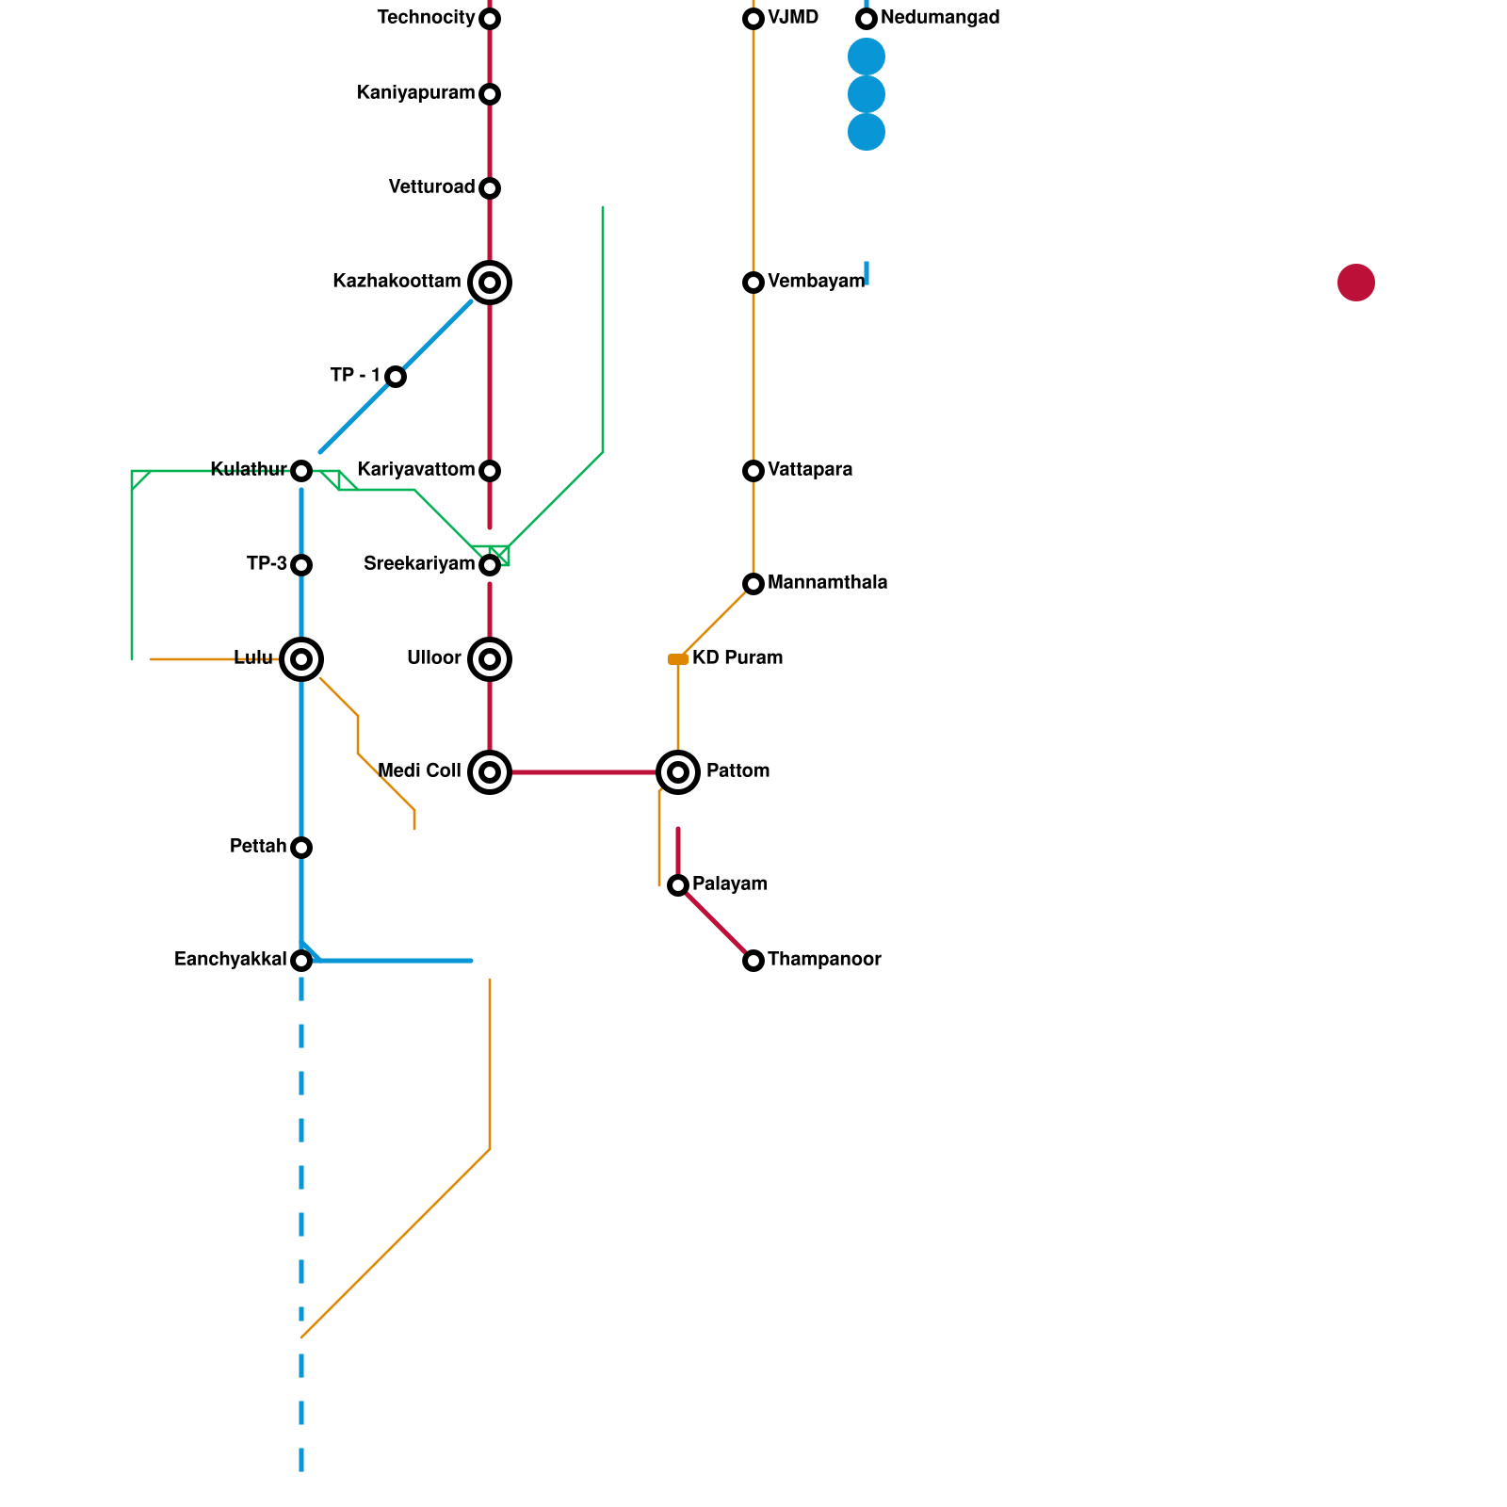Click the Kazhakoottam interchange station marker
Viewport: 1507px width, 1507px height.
tap(490, 283)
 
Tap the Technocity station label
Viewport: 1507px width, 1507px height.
tap(426, 18)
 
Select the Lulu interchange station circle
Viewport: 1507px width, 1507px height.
tap(301, 659)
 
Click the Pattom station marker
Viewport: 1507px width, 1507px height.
tap(678, 772)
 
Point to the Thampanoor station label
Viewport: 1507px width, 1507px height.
tap(824, 960)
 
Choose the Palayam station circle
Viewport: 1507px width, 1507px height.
tap(678, 885)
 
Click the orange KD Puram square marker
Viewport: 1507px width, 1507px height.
tap(678, 659)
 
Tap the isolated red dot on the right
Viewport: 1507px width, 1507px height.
tap(1356, 283)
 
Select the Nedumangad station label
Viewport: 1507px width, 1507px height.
tap(940, 18)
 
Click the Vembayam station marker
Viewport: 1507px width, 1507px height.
tap(753, 283)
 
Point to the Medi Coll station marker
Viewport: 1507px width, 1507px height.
tap(490, 772)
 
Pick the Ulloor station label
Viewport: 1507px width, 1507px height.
tap(434, 658)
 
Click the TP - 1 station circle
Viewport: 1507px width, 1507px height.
tap(396, 377)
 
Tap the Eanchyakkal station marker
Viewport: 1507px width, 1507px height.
tap(301, 961)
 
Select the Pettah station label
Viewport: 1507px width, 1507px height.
tap(258, 847)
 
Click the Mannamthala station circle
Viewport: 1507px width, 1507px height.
tap(753, 584)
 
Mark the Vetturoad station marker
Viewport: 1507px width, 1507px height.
tap(490, 188)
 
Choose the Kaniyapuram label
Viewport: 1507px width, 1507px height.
tap(416, 93)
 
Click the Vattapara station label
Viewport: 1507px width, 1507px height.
tap(810, 470)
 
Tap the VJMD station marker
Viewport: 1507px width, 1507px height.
tap(753, 19)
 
